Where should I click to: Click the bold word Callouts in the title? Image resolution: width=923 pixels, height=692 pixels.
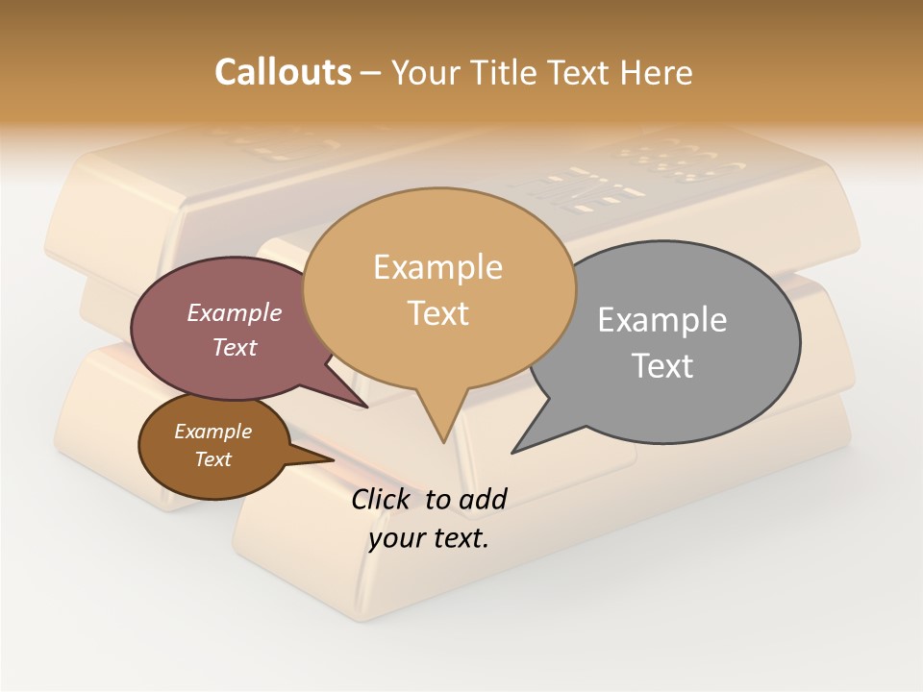tap(283, 72)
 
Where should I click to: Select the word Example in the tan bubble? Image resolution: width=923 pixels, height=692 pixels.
tap(437, 267)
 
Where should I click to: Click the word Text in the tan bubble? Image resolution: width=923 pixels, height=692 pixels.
tap(437, 313)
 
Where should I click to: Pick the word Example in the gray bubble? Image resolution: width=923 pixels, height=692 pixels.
tap(662, 320)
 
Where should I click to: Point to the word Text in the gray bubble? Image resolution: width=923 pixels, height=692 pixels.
tap(662, 366)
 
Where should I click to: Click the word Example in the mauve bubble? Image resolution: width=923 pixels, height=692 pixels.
tap(235, 312)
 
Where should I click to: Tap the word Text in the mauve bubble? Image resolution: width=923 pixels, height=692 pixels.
tap(235, 347)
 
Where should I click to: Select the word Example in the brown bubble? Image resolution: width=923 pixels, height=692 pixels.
tap(212, 432)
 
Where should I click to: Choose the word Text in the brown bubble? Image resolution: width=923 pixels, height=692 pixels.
tap(212, 459)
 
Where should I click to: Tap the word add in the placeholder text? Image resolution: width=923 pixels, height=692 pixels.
tap(483, 499)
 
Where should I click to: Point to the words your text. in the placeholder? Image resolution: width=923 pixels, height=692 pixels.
tap(428, 538)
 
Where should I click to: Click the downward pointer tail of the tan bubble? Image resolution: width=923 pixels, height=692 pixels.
tap(442, 423)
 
